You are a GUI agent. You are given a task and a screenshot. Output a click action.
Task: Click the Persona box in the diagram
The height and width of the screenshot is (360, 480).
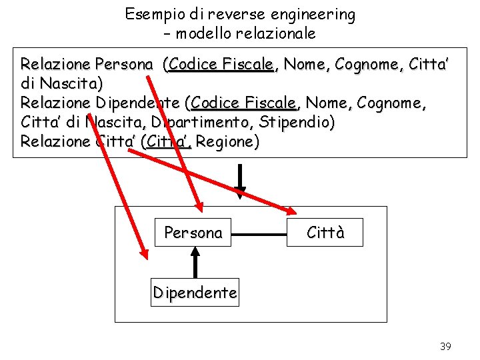[x=193, y=233]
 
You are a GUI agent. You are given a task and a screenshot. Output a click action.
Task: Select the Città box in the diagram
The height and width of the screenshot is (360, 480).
[x=325, y=233]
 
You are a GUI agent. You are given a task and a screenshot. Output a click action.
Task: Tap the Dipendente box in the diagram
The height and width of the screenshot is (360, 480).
[x=195, y=293]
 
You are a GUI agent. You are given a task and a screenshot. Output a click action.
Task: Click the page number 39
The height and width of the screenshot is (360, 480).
[x=445, y=346]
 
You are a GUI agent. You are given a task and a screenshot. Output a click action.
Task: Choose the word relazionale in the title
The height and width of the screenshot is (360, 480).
[x=279, y=33]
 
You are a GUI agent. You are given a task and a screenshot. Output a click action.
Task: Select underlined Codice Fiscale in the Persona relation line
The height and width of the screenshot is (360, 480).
[x=221, y=64]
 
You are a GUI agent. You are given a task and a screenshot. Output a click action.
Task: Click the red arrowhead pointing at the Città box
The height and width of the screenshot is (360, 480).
[x=291, y=211]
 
